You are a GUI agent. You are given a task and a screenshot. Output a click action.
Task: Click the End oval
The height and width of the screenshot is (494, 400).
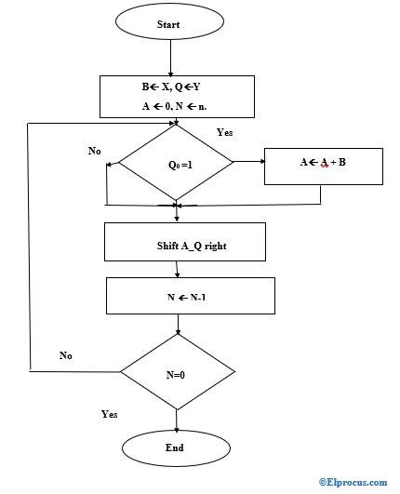tap(175, 448)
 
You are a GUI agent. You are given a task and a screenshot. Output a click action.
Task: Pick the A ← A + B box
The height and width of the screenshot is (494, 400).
tap(322, 164)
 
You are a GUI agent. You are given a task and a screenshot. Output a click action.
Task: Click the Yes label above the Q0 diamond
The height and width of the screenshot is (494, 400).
tap(226, 132)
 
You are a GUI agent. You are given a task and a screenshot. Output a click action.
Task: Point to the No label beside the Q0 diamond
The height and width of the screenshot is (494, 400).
tap(95, 151)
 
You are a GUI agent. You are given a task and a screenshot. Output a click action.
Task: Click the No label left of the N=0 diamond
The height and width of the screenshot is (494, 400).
tap(66, 355)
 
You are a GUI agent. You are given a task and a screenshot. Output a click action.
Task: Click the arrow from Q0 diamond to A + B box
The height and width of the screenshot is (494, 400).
tap(248, 163)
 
